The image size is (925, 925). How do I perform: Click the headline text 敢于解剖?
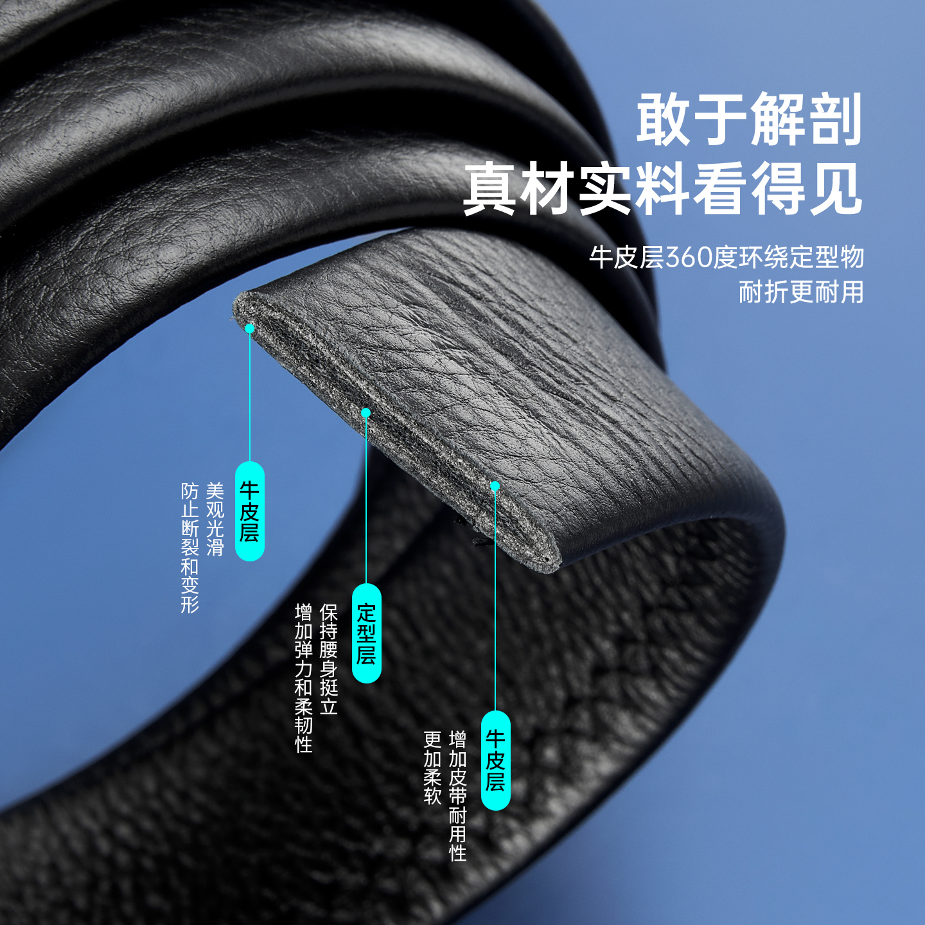pos(749,119)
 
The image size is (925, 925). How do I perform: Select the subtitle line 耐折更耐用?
pos(800,292)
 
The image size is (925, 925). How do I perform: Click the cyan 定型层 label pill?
pos(366,633)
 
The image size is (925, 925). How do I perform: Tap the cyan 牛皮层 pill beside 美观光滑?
pos(250,511)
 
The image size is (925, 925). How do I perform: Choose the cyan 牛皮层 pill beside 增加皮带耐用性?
pos(495,761)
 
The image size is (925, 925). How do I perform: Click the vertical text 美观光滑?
pos(215,519)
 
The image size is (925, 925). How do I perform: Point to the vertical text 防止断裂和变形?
pos(189,548)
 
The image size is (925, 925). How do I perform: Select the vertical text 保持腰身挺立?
pos(328,659)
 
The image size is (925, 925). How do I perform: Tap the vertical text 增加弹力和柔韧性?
pos(303,678)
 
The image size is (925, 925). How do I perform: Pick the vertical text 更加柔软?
pos(432,768)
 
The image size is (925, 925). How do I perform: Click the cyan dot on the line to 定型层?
pos(366,412)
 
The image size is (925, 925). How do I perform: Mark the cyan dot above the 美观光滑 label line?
pos(250,328)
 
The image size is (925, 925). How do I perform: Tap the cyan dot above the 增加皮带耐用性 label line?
pos(495,486)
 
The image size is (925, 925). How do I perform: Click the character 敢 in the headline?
pos(663,119)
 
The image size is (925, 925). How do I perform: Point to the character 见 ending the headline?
pos(835,189)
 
